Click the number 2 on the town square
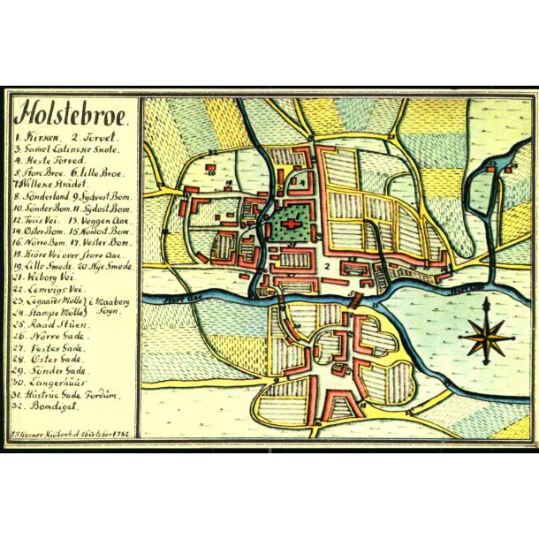click(x=327, y=264)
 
